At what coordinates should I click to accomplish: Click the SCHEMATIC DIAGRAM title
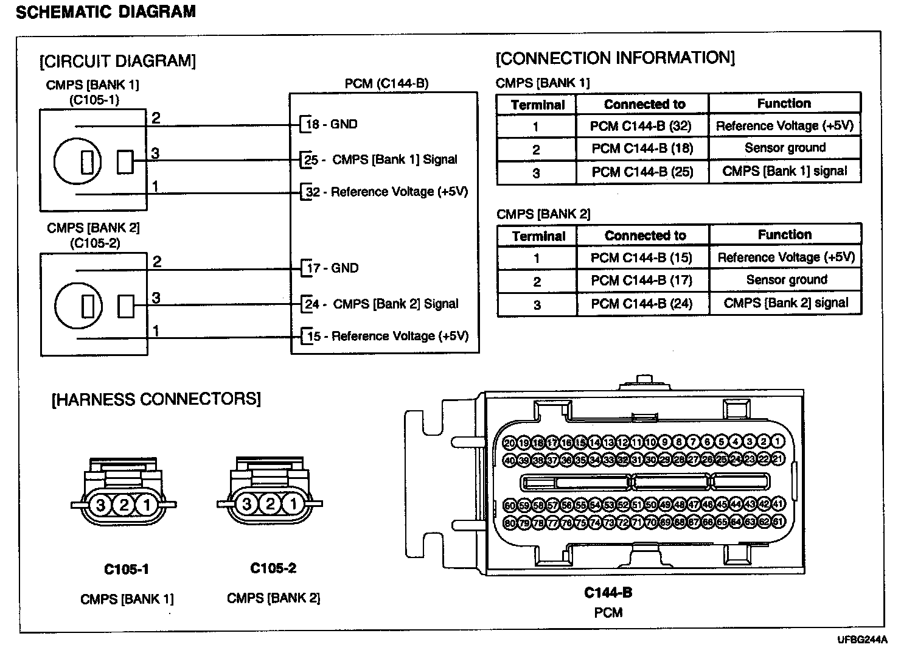[x=106, y=12]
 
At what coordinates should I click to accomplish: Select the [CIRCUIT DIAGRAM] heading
[x=117, y=61]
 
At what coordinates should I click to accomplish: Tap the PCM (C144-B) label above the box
[x=386, y=83]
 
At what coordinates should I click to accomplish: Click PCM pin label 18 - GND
[x=331, y=124]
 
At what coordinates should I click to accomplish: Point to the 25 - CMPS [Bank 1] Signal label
[x=380, y=159]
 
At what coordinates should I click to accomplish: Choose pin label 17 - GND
[x=332, y=268]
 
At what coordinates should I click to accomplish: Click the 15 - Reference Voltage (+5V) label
[x=388, y=336]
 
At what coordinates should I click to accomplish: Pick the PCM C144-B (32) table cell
[x=642, y=126]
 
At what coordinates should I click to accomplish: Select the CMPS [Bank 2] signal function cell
[x=785, y=303]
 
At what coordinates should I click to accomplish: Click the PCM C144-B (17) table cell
[x=642, y=281]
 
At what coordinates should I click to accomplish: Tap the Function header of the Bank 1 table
[x=784, y=103]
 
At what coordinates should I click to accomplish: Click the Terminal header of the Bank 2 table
[x=538, y=236]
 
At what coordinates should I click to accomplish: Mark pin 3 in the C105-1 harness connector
[x=101, y=505]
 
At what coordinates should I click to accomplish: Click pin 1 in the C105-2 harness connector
[x=293, y=504]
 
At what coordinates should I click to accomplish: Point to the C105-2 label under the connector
[x=273, y=568]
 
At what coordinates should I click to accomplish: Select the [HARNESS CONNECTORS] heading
[x=156, y=399]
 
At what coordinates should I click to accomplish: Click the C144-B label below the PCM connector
[x=608, y=593]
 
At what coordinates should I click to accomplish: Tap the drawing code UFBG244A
[x=861, y=640]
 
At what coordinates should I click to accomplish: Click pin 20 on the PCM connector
[x=510, y=442]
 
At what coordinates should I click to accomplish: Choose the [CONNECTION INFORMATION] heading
[x=615, y=58]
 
